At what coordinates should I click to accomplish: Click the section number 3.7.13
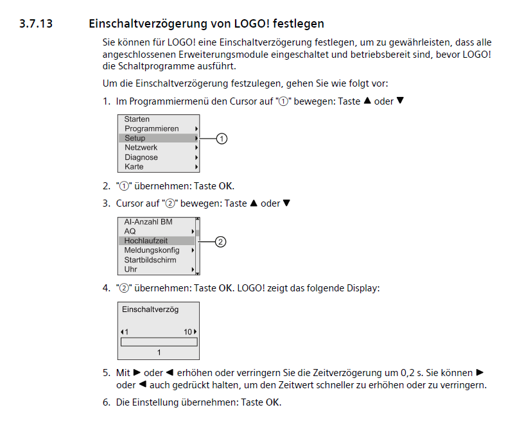[38, 24]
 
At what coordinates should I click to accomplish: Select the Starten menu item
[137, 119]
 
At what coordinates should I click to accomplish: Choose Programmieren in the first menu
[152, 129]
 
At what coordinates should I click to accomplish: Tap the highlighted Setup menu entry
[135, 138]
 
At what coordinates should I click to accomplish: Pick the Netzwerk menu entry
[141, 148]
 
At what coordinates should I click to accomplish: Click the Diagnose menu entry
[141, 157]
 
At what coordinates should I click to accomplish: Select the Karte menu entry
[134, 167]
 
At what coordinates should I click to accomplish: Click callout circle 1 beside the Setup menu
[222, 138]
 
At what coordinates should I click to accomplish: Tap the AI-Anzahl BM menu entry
[148, 222]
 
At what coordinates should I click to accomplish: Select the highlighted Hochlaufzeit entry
[146, 241]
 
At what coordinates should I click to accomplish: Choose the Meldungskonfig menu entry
[152, 250]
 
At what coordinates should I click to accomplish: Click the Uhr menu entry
[130, 270]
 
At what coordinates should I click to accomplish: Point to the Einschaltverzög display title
[150, 309]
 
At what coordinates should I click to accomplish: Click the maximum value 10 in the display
[188, 332]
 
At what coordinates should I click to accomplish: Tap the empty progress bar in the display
[159, 341]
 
